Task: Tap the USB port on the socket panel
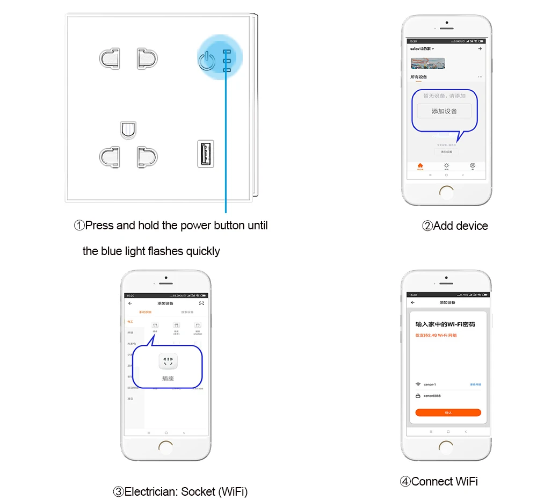pyautogui.click(x=206, y=153)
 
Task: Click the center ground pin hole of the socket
pyautogui.click(x=128, y=129)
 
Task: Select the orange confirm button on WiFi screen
pyautogui.click(x=448, y=412)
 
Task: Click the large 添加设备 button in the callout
pyautogui.click(x=444, y=111)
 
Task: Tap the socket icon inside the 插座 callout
pyautogui.click(x=168, y=361)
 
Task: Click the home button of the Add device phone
pyautogui.click(x=446, y=191)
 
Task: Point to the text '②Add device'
pyautogui.click(x=455, y=226)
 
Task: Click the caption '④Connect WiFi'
pyautogui.click(x=438, y=481)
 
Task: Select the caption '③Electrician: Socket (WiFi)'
pyautogui.click(x=180, y=491)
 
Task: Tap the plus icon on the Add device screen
pyautogui.click(x=480, y=49)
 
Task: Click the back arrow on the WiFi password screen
pyautogui.click(x=412, y=302)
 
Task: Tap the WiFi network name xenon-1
pyautogui.click(x=430, y=385)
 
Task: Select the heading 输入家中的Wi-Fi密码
pyautogui.click(x=445, y=324)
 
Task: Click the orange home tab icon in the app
pyautogui.click(x=420, y=165)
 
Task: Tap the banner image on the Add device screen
pyautogui.click(x=424, y=63)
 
